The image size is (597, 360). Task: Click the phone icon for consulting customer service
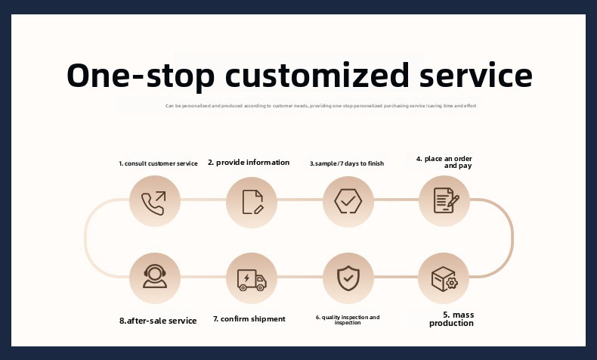coord(155,202)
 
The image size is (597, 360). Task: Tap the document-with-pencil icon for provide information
coord(252,202)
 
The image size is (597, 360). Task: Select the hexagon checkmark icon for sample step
coord(348,202)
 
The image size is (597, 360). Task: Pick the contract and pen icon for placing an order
coord(444,201)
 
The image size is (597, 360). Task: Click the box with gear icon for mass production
coord(444,278)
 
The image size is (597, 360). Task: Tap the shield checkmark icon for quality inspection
coord(348,278)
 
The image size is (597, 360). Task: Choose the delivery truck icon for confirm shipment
coord(252,278)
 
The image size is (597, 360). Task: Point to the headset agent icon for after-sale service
coord(155,278)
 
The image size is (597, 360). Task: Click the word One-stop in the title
coord(138,76)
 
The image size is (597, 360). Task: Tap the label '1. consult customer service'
coord(158,163)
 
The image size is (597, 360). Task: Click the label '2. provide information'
coord(249,163)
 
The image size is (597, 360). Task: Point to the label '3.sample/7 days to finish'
coord(347,163)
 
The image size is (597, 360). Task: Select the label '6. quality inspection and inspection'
coord(348,320)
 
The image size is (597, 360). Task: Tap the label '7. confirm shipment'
coord(249,319)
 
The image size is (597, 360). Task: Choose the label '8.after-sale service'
coord(158,321)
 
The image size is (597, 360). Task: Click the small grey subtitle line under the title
coord(320,107)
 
